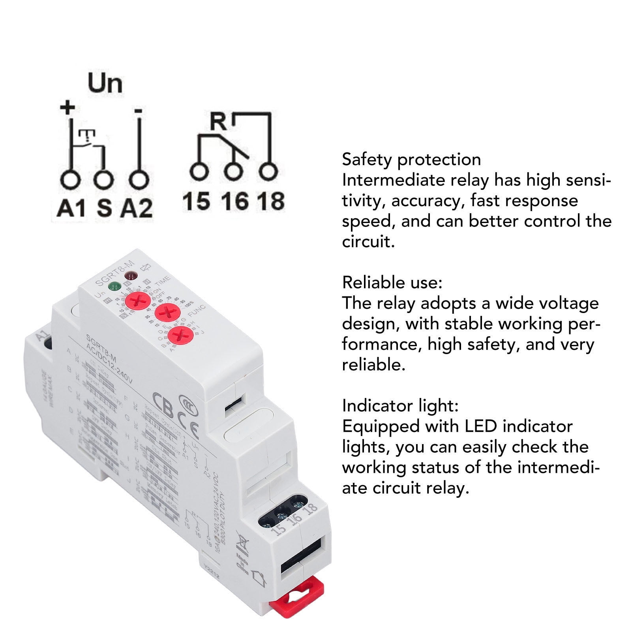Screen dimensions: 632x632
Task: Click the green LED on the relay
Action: (x=114, y=286)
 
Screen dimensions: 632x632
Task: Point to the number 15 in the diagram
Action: (x=196, y=201)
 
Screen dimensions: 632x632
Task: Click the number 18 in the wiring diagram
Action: (x=271, y=201)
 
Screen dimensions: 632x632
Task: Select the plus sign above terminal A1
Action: (x=68, y=107)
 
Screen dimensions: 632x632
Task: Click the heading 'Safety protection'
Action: (x=411, y=159)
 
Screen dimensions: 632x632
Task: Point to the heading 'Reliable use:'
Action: (x=392, y=283)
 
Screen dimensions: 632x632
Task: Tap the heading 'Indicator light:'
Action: (x=400, y=406)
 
